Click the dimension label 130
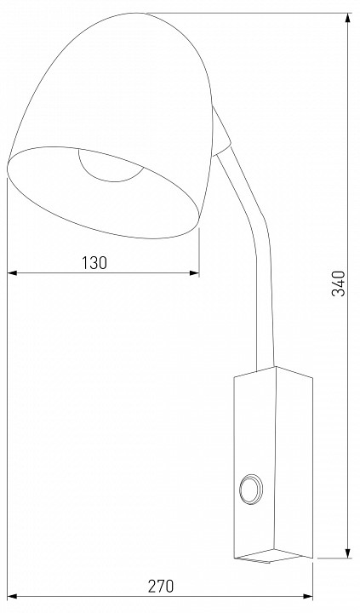(x=94, y=263)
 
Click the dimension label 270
(x=161, y=587)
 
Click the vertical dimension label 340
(x=339, y=284)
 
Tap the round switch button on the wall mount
(x=250, y=489)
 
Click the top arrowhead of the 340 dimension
(x=348, y=18)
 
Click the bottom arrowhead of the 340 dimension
(x=348, y=553)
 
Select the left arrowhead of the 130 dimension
(x=13, y=273)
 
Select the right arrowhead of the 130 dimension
(x=194, y=273)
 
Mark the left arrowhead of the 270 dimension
(x=13, y=597)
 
